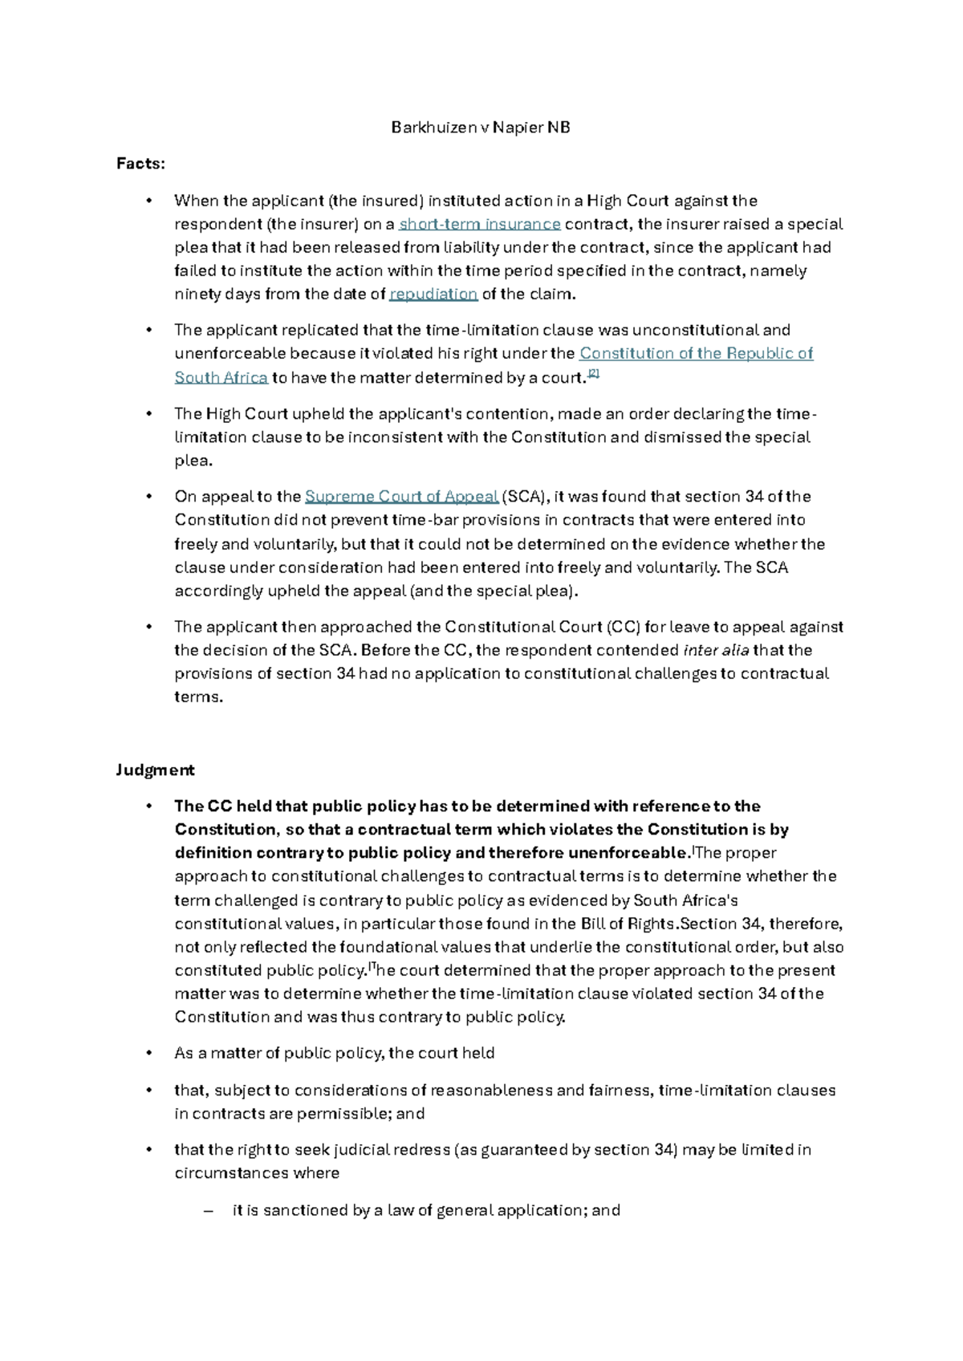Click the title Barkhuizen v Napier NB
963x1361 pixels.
click(x=481, y=127)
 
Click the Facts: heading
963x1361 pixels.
click(x=140, y=164)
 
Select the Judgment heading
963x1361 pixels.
click(x=155, y=770)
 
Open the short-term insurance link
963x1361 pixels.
click(x=480, y=224)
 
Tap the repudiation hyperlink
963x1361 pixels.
click(x=433, y=294)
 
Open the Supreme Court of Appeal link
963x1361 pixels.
click(x=401, y=496)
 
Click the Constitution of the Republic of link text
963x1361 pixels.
click(x=696, y=353)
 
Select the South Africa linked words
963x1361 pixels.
click(x=221, y=377)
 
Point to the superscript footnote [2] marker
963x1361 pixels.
click(x=594, y=373)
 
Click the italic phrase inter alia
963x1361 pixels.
click(x=716, y=650)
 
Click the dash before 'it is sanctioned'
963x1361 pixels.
click(x=209, y=1211)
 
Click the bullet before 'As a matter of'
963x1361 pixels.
click(x=148, y=1054)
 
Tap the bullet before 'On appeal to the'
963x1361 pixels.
click(x=148, y=497)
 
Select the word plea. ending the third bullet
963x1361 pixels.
click(x=193, y=461)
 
